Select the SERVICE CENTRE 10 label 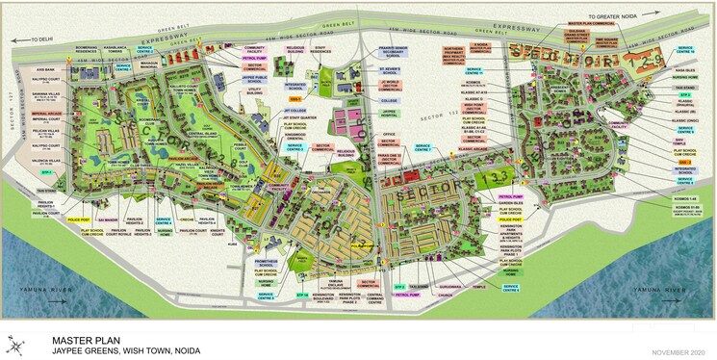pos(474,71)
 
